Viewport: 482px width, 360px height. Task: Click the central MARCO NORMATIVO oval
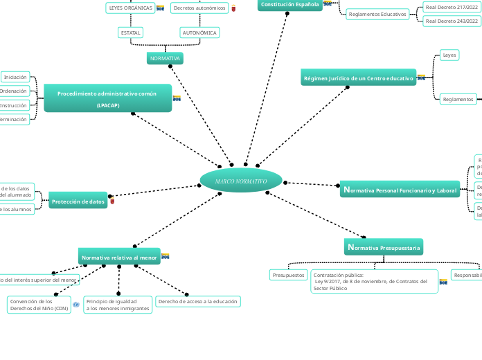pos(241,181)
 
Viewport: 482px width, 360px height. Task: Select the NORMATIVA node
pos(165,59)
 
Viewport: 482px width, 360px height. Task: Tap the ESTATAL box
pos(130,33)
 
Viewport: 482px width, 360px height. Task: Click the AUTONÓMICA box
pos(199,33)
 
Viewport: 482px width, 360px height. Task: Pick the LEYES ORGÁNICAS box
pos(131,8)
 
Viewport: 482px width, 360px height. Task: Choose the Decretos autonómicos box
pos(199,8)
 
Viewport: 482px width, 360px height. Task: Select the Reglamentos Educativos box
pos(377,14)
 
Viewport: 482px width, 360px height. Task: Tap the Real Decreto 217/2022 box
pos(452,7)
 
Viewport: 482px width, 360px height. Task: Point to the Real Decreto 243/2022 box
pos(452,21)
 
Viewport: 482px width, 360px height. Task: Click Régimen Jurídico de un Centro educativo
pos(359,79)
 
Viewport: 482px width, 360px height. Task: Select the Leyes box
pos(449,55)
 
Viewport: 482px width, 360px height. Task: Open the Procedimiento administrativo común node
pos(107,98)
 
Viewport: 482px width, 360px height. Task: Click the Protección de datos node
pos(78,202)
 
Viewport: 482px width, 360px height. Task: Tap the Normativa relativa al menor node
pos(119,258)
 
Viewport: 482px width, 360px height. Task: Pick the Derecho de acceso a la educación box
pos(198,301)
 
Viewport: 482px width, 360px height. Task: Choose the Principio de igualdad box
pos(117,305)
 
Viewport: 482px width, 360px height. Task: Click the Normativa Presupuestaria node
pos(383,247)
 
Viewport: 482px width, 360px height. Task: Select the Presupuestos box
pos(289,275)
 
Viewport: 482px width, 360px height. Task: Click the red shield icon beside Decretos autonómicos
pos(233,8)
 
